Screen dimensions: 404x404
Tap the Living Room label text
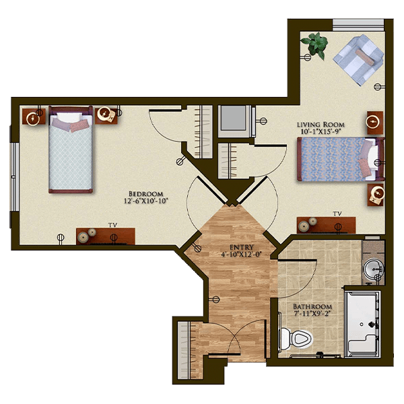321,125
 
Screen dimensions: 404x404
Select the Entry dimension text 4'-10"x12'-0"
242,255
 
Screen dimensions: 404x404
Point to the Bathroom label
312,306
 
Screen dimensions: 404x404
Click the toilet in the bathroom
296,339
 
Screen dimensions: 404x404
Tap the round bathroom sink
373,268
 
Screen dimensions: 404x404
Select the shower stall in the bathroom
362,324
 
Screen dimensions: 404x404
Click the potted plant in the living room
316,45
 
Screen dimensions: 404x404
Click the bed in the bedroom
71,149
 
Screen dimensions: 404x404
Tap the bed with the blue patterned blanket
341,159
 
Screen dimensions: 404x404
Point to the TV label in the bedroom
112,225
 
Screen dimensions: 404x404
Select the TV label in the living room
337,214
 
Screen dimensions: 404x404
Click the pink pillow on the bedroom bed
79,127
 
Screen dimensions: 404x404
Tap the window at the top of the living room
358,26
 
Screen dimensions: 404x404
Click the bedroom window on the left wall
14,177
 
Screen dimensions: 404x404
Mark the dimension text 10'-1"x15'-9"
321,131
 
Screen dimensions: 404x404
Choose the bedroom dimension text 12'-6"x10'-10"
146,201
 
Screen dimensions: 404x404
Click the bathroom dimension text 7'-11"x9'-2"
312,314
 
